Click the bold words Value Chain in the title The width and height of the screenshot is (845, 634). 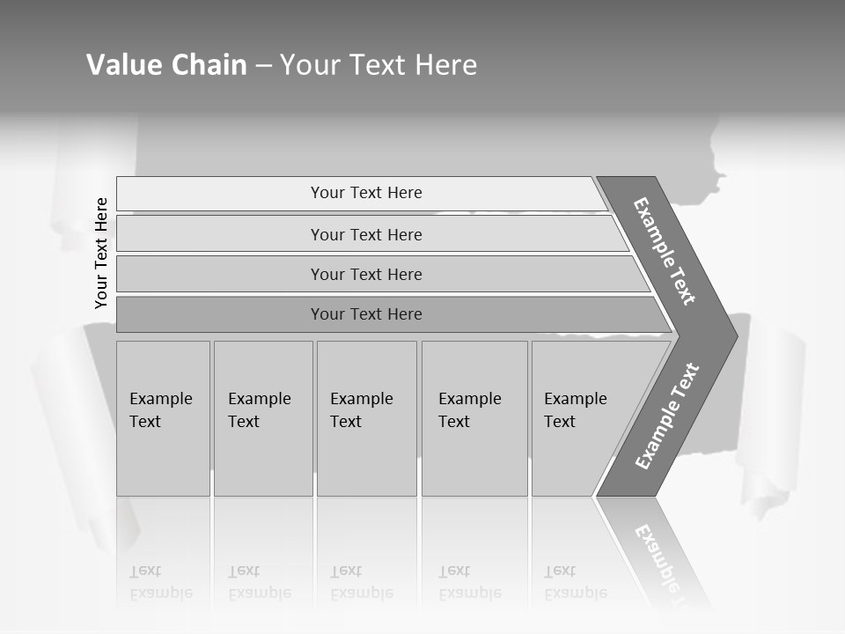[166, 65]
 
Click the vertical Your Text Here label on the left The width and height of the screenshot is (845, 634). [101, 253]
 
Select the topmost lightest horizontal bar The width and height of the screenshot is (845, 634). [366, 193]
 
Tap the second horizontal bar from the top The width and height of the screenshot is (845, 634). [366, 234]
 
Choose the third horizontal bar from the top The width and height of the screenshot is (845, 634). [366, 274]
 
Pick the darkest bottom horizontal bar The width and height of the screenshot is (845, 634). [366, 314]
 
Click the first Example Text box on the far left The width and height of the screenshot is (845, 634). [163, 417]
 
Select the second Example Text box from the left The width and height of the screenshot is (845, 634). [262, 417]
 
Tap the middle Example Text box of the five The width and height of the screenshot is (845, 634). [366, 417]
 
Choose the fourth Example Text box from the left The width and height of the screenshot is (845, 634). [474, 417]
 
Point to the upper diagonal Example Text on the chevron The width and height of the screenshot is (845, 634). [665, 251]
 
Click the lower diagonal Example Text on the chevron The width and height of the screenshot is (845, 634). [667, 416]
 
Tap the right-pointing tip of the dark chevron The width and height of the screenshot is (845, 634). [731, 335]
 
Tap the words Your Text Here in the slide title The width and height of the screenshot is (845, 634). [378, 65]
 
